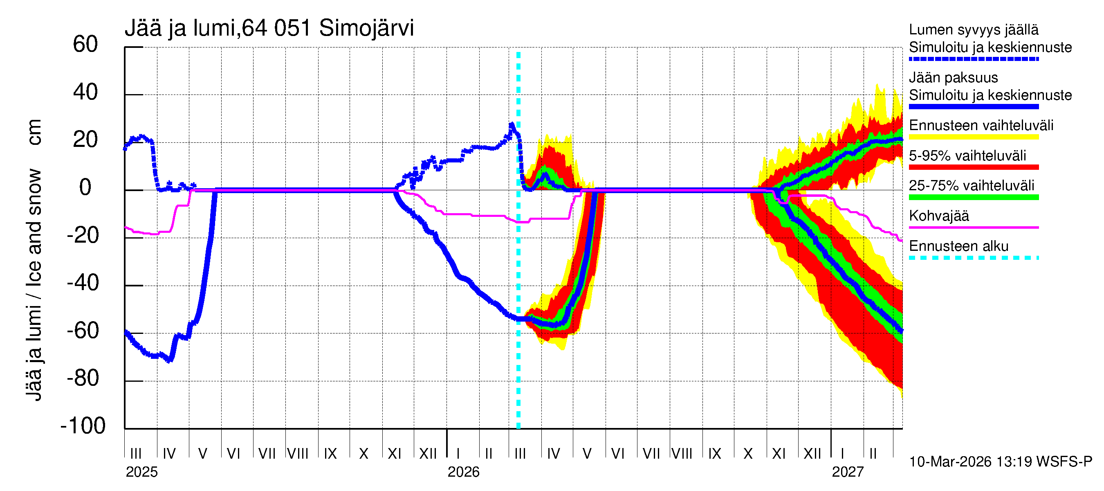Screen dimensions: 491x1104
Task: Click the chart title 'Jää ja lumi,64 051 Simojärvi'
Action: coord(269,28)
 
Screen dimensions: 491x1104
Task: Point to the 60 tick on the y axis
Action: coord(85,45)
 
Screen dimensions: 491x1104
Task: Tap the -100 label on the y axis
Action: coord(83,426)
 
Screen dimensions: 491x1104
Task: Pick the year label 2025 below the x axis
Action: coord(141,472)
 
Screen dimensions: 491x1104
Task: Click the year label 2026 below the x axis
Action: coord(463,472)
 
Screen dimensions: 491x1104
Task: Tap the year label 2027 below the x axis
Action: coord(847,472)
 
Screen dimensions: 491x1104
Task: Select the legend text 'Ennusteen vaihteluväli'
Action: coord(981,126)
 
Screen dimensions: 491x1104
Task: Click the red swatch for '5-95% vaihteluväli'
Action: coord(973,167)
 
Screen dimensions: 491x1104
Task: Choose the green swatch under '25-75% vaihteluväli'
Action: coord(973,197)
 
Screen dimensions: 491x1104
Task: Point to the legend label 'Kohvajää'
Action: coord(938,216)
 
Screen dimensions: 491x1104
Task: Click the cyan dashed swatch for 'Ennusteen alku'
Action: coord(973,258)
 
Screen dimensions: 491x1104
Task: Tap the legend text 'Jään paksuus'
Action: coord(953,78)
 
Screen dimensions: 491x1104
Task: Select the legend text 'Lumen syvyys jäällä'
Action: coord(973,30)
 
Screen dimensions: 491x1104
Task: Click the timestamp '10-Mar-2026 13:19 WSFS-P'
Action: coord(1000,462)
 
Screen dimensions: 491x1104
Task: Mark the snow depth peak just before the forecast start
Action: coord(511,125)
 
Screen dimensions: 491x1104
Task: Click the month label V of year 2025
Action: coord(203,453)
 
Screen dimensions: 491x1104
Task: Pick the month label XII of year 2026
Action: coord(812,453)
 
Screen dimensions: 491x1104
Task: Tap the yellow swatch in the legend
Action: coord(973,137)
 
